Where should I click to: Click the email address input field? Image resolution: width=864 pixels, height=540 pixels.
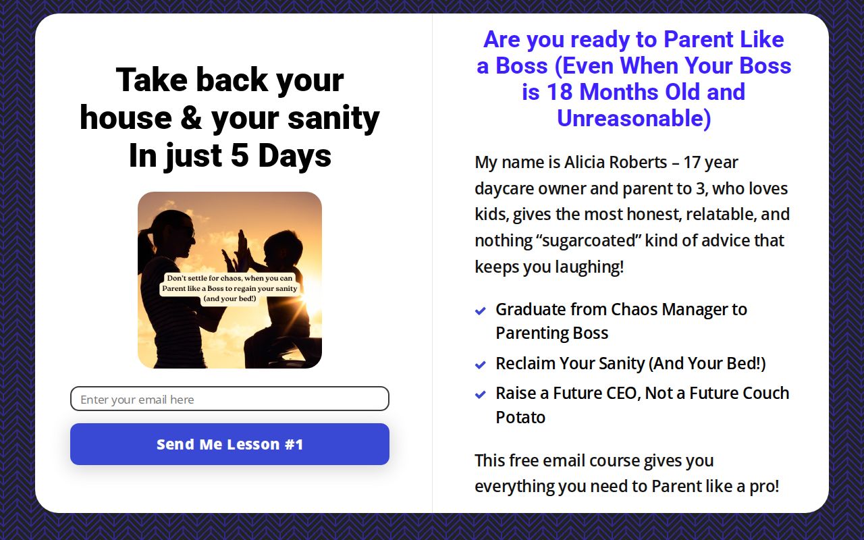230,399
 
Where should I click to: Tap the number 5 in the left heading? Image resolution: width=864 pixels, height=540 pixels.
240,156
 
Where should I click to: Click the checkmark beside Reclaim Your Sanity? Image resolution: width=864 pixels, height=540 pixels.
481,364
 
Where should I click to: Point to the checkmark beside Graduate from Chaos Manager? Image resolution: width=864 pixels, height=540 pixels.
481,310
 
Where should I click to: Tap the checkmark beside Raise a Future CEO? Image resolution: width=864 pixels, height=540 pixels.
481,394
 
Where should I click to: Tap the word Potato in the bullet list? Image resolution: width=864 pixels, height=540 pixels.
520,417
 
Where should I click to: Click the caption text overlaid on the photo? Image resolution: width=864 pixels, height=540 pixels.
230,288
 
